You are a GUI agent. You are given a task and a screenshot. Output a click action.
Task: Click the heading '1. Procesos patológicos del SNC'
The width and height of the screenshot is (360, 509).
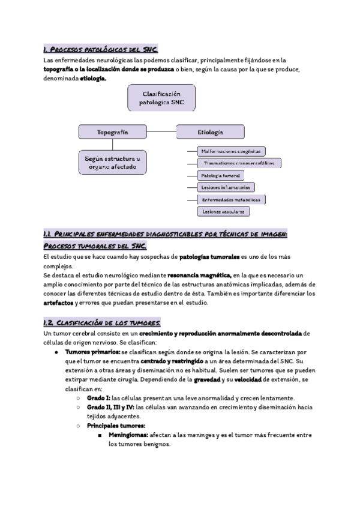[100, 49]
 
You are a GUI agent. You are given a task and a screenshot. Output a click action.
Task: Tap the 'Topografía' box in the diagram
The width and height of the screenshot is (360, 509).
[112, 131]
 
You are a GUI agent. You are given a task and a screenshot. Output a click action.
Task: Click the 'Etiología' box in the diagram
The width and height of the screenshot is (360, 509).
[210, 131]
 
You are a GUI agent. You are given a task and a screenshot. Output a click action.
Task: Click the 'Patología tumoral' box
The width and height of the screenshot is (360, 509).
[220, 175]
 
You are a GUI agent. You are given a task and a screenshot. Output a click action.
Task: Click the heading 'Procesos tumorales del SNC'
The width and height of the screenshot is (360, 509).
[95, 247]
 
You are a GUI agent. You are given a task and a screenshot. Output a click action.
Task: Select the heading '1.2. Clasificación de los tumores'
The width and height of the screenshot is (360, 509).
[101, 323]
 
